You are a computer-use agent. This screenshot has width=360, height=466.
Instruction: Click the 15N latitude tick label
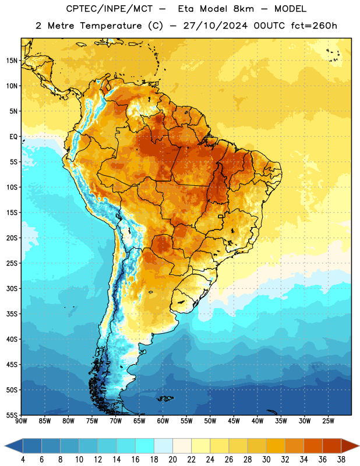(x=12, y=61)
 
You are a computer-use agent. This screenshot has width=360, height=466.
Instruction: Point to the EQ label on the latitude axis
(x=13, y=137)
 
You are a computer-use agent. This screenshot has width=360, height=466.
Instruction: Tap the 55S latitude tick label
(x=12, y=415)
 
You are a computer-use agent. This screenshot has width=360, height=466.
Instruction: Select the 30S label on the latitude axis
(x=12, y=288)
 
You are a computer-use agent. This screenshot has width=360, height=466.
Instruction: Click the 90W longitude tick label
(x=21, y=421)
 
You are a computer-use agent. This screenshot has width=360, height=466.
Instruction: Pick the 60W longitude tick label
(x=163, y=421)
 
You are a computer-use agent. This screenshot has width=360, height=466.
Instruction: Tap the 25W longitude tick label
(x=328, y=421)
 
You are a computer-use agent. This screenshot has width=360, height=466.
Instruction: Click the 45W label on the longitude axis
(x=234, y=421)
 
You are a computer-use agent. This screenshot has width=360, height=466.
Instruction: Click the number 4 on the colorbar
(x=23, y=460)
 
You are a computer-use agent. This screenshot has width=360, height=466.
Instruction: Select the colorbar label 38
(x=341, y=460)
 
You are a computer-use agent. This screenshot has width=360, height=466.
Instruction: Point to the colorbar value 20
(x=172, y=460)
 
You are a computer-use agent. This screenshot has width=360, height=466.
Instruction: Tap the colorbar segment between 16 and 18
(x=145, y=446)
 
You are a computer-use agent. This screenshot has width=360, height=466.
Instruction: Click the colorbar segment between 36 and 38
(x=332, y=446)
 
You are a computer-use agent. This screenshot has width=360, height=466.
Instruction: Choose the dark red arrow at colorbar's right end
(x=350, y=446)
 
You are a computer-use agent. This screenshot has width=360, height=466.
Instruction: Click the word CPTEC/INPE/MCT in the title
(x=110, y=9)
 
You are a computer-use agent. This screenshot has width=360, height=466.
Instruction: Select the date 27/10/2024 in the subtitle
(x=215, y=26)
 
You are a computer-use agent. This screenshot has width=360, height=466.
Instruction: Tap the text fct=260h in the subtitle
(x=314, y=26)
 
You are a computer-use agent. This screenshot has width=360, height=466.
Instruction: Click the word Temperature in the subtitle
(x=111, y=26)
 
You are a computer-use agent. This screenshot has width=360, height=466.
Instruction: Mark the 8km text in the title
(x=243, y=9)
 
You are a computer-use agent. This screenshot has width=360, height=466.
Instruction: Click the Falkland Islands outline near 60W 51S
(x=165, y=398)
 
